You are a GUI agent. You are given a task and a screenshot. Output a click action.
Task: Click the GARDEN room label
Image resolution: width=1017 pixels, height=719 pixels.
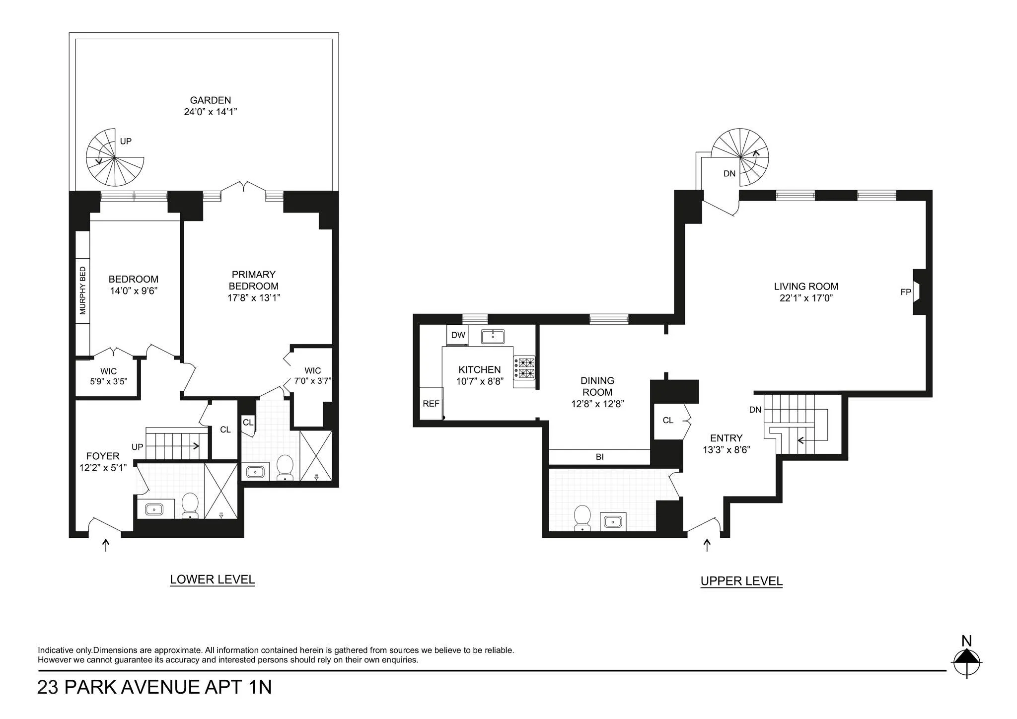pos(211,100)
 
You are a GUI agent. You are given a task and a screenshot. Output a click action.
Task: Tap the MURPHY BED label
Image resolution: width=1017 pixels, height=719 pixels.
pos(83,290)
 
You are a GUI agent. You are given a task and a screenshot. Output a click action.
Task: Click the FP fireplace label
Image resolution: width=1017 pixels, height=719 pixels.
pos(905,292)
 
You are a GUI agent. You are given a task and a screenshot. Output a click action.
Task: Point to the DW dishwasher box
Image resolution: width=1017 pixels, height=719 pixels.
pos(458,335)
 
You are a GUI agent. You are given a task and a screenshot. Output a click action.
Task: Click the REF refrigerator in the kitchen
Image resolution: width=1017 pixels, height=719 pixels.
pos(431,404)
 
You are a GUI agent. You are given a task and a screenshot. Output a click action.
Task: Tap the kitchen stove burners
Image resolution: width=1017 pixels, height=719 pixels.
pos(524,368)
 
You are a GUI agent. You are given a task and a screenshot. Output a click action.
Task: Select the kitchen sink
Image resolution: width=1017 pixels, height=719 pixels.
pos(493,337)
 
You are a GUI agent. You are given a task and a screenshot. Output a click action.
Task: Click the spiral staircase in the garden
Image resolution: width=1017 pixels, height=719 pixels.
pos(115,157)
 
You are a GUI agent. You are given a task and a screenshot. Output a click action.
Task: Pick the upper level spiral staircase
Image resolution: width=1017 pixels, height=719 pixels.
pos(740,157)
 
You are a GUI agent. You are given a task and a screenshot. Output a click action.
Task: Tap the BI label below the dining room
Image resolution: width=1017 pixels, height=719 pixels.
pos(599,457)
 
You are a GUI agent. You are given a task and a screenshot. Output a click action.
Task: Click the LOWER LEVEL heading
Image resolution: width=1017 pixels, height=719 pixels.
pos(212,579)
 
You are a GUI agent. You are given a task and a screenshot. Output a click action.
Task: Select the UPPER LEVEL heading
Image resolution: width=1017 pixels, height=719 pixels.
pos(741,581)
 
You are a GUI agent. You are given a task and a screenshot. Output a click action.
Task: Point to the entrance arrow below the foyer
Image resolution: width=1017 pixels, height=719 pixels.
pos(105,545)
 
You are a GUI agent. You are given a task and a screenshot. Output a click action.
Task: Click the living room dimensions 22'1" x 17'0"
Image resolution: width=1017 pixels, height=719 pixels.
pos(806,298)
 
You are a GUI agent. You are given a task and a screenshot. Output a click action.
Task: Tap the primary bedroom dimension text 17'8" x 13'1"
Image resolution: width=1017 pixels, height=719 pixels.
pos(254,298)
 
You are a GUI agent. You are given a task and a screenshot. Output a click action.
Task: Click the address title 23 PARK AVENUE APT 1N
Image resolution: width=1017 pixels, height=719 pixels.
pos(154,687)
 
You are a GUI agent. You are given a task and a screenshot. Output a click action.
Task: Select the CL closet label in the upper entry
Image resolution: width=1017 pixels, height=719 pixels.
pos(668,421)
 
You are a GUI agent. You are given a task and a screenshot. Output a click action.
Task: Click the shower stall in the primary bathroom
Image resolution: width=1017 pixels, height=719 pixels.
pos(316,456)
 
